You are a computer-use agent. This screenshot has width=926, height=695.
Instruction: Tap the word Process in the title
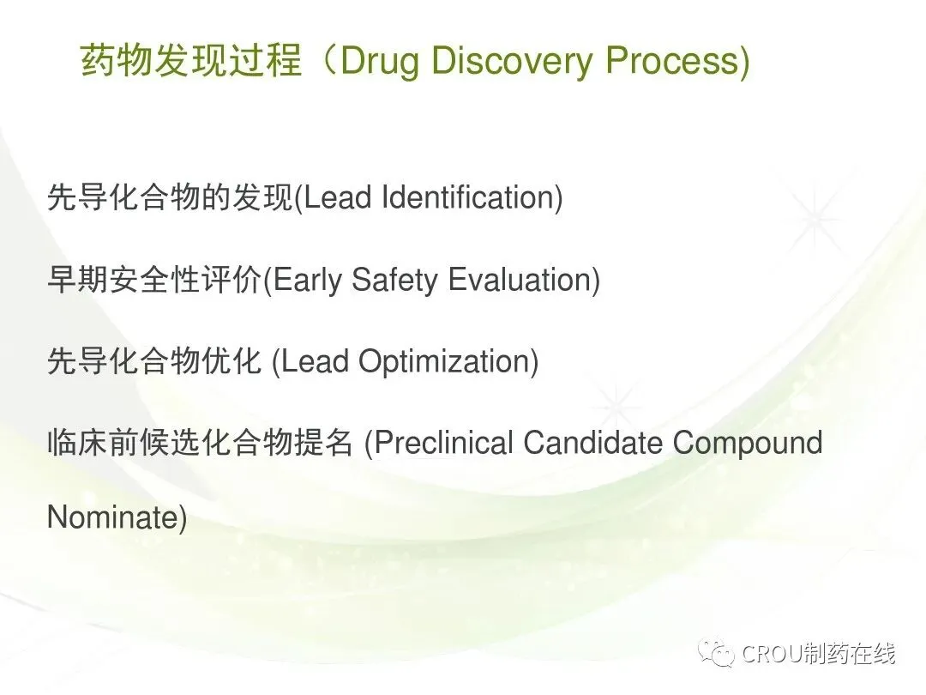672,60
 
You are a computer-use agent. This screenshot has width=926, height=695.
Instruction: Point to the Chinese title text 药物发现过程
190,60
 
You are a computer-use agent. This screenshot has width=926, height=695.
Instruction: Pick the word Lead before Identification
337,196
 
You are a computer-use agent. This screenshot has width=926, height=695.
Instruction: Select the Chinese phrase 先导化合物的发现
170,196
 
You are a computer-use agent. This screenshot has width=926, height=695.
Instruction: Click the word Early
307,280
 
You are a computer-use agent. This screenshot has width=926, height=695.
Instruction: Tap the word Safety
394,280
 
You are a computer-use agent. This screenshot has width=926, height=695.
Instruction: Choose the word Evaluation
519,280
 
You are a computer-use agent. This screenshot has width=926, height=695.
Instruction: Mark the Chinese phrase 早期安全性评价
154,279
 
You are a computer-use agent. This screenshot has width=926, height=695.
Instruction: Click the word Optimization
444,362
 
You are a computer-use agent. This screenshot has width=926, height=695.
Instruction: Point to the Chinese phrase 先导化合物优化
154,361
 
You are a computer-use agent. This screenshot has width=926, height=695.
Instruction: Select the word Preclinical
443,442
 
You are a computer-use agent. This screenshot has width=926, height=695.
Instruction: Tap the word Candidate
592,442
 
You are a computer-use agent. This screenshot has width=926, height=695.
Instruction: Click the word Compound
748,442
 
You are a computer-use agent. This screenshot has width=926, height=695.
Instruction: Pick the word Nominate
112,517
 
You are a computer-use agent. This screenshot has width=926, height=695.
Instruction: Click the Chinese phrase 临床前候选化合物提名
200,442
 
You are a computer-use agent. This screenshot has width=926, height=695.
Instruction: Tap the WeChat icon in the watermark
715,652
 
